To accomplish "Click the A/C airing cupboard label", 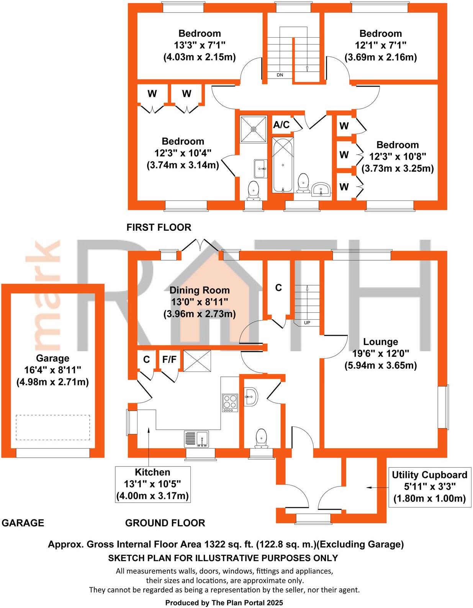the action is (281, 125).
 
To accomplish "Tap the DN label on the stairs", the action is (280, 75).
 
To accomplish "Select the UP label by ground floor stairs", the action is (307, 323).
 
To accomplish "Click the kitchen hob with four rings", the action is (230, 403).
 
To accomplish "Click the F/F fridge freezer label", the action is (169, 359).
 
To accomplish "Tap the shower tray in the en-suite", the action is (253, 129).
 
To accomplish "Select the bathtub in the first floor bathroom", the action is (283, 165).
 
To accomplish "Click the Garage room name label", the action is (52, 358).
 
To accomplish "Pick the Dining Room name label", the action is (200, 290).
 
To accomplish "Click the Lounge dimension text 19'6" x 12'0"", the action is (380, 353).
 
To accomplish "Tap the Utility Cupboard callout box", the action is (429, 486).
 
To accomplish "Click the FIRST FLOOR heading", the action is (159, 227).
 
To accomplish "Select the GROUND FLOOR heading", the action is (165, 523).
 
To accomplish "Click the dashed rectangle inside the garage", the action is (53, 427).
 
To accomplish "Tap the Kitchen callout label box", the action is (152, 484).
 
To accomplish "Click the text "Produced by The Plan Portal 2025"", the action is (224, 603).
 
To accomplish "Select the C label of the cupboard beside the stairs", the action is (278, 288).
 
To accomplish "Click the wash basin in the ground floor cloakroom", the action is (250, 396).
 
